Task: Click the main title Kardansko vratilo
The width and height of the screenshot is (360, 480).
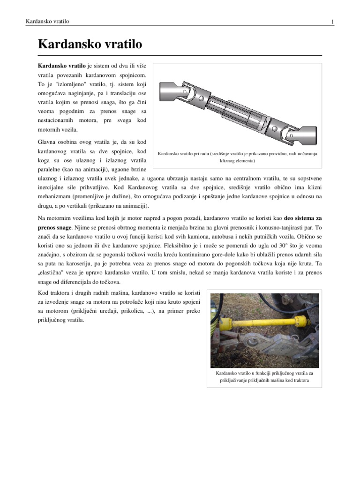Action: tap(90, 45)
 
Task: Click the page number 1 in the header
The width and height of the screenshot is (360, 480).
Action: tap(332, 22)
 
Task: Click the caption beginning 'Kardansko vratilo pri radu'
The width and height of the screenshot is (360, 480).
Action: tap(238, 153)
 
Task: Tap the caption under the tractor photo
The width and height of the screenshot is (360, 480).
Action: tap(264, 377)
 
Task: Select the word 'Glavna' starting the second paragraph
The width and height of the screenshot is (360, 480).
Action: tap(46, 141)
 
